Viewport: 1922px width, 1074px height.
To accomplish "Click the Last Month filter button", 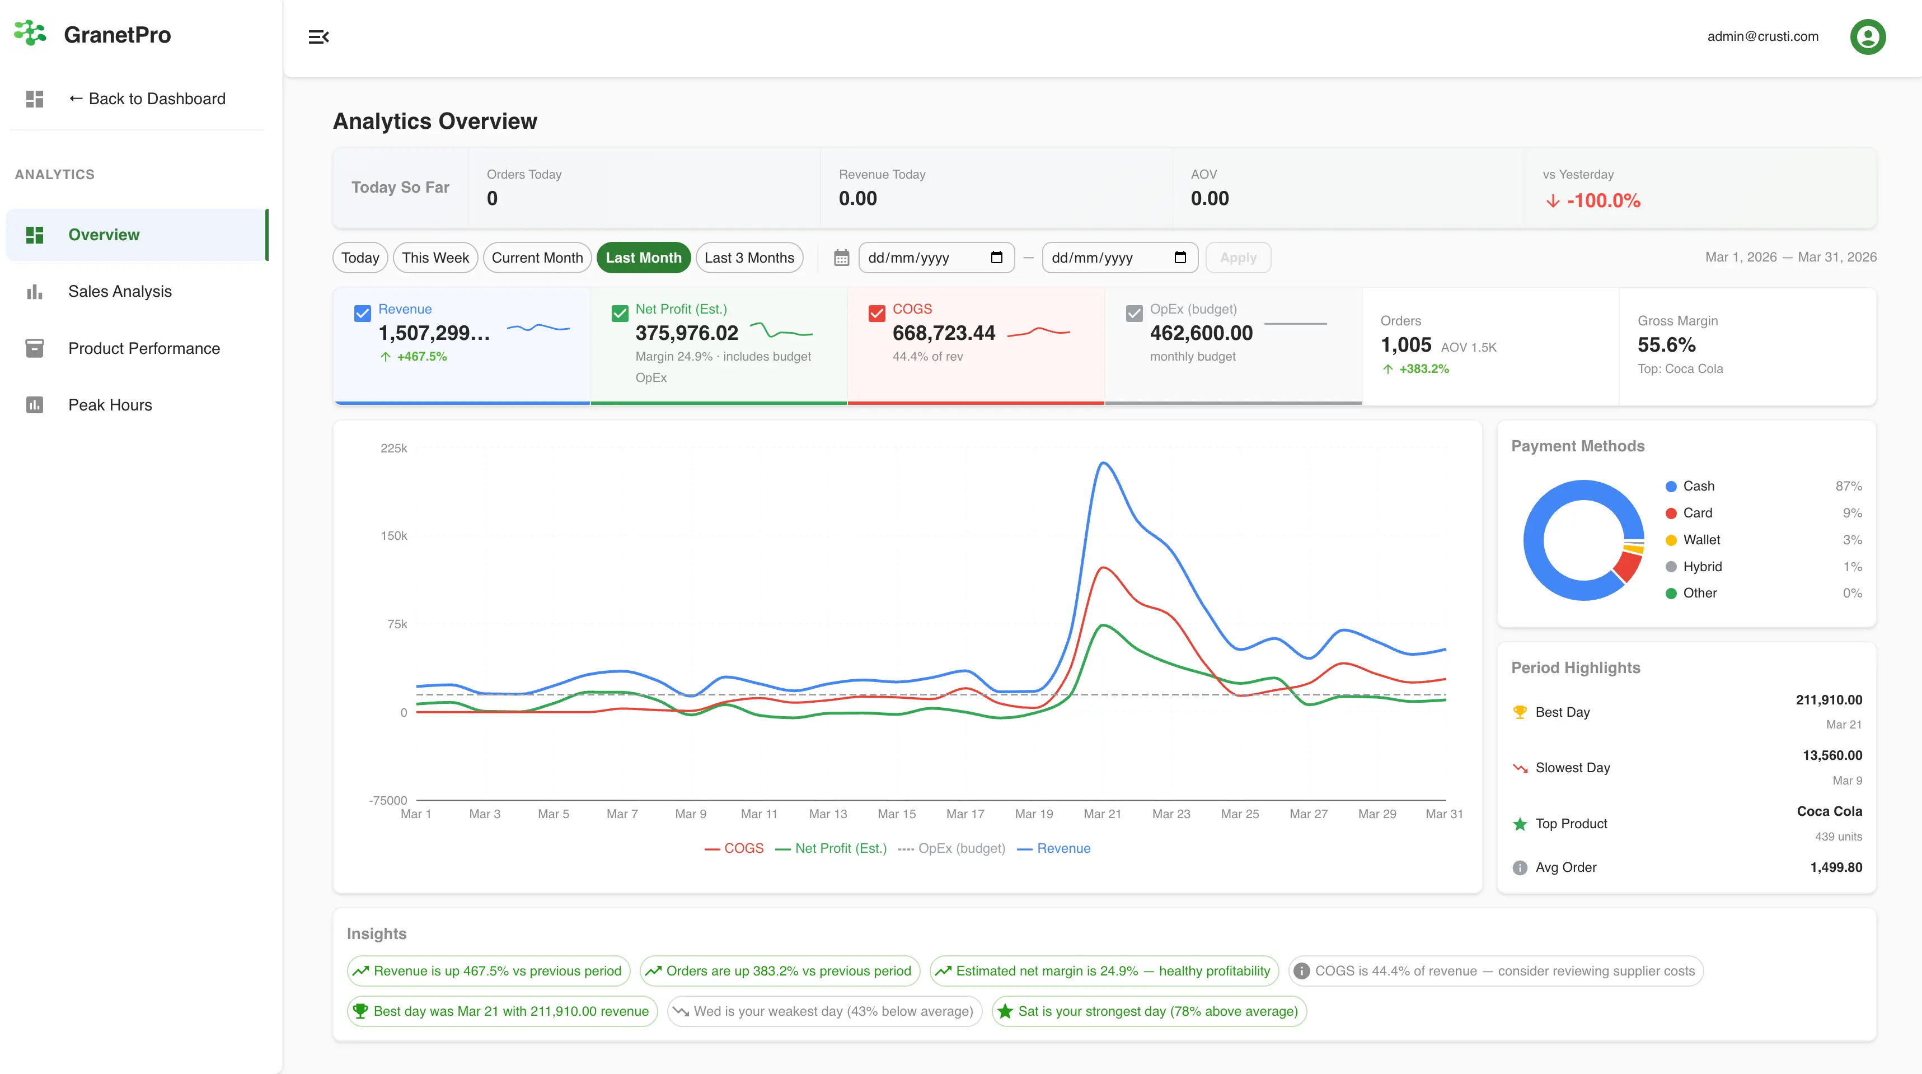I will [x=643, y=258].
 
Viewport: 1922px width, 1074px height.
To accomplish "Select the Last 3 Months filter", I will [x=749, y=258].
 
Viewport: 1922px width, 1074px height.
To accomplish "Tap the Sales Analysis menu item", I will [x=119, y=291].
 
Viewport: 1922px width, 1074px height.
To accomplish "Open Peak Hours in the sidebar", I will [x=110, y=404].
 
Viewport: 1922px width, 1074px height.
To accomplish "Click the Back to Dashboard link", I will [x=147, y=99].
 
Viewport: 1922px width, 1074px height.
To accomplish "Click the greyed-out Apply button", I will [x=1238, y=258].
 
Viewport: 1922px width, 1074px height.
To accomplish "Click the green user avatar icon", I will [x=1868, y=36].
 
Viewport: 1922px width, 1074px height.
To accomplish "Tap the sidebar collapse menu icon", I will [x=318, y=36].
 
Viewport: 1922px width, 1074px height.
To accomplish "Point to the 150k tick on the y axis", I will [x=394, y=536].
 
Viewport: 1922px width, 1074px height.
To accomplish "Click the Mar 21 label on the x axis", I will [x=1102, y=814].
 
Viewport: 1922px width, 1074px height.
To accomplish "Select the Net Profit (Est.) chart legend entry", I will [x=831, y=848].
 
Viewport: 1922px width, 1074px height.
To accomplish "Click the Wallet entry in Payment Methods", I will [x=1701, y=540].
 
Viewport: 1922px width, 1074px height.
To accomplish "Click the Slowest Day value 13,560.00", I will [x=1832, y=755].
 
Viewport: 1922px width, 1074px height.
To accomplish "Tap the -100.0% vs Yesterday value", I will [x=1602, y=201].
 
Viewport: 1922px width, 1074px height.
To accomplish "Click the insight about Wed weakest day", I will [x=824, y=1011].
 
